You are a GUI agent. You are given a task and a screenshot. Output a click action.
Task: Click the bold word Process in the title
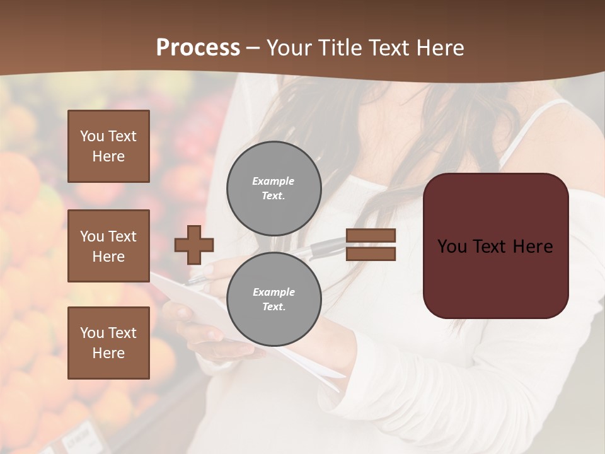[198, 48]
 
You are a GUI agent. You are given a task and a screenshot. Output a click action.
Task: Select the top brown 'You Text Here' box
[108, 146]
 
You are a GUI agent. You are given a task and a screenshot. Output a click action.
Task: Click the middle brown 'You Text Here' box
[108, 246]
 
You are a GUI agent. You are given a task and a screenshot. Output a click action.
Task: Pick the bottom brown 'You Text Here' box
[108, 342]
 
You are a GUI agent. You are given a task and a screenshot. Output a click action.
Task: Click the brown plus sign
[194, 245]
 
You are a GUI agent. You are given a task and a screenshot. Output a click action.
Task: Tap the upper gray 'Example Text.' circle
[274, 189]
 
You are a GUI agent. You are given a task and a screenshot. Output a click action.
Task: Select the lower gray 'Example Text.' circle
[274, 300]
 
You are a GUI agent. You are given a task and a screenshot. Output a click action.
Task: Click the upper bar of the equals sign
[371, 236]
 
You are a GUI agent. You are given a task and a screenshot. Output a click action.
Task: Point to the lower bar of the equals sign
[371, 253]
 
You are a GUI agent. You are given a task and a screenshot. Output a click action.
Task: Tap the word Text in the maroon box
[495, 247]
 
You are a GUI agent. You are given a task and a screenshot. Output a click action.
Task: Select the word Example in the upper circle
[274, 181]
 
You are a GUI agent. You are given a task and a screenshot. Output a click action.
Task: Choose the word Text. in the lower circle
[274, 307]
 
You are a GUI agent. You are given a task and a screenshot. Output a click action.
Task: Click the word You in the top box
[91, 136]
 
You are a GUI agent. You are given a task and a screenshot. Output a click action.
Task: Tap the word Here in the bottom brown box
[108, 353]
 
